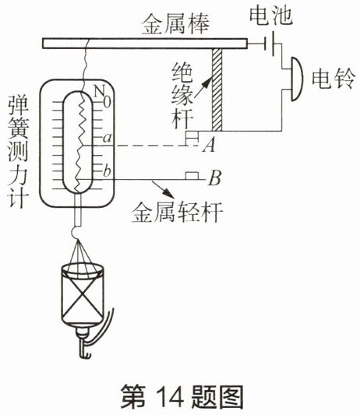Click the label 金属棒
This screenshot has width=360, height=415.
coord(175,24)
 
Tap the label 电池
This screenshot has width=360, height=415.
coord(271,16)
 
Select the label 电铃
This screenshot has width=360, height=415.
coord(333,79)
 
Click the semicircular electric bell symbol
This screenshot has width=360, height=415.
coord(297,79)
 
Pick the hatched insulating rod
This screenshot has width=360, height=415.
coord(217,90)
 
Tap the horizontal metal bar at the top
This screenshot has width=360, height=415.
coord(145,44)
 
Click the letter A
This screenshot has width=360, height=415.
coord(210,146)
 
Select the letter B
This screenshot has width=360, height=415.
coord(215,178)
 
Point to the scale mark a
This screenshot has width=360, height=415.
coord(108,138)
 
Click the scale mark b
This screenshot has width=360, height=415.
coord(107,171)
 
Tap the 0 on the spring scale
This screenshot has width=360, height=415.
coord(107,102)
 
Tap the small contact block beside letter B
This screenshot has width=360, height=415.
coord(192,176)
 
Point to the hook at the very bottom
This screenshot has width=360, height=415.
coord(85,350)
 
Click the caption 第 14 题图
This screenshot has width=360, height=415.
coord(182,396)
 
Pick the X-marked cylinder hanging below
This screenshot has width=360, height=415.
coord(83,294)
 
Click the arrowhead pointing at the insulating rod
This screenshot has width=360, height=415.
coord(206,83)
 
